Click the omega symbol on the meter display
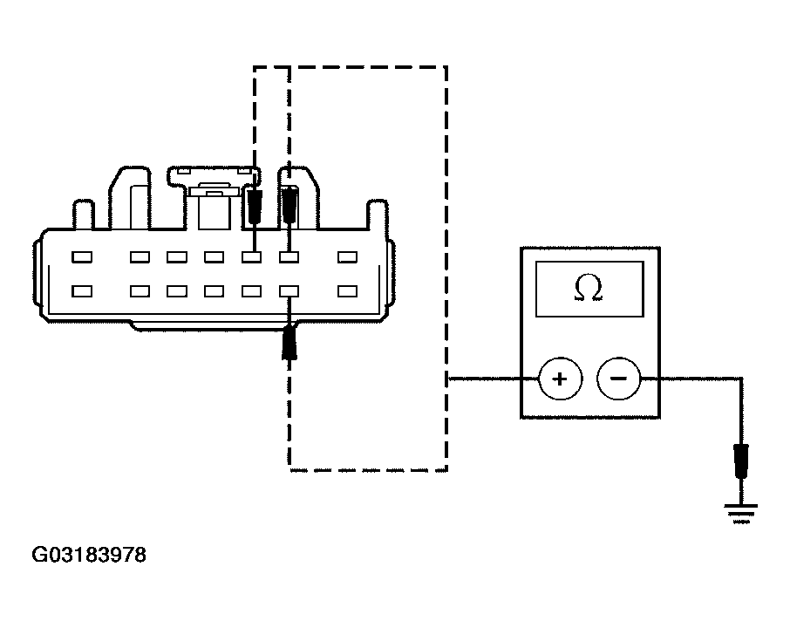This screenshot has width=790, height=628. point(589,289)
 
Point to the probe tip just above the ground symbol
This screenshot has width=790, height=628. point(741,461)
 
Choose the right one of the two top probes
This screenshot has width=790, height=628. point(289,205)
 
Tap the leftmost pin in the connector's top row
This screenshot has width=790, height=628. point(82,257)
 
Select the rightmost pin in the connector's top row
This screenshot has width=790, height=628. point(348,257)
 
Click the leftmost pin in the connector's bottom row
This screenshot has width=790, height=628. point(82,291)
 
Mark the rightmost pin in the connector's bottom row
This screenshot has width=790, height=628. point(348,291)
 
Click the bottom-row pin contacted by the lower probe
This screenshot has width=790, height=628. point(289,291)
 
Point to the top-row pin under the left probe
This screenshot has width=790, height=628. point(253,257)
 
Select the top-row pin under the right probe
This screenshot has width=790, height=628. point(289,257)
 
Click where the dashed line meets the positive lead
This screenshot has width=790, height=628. point(447,379)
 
